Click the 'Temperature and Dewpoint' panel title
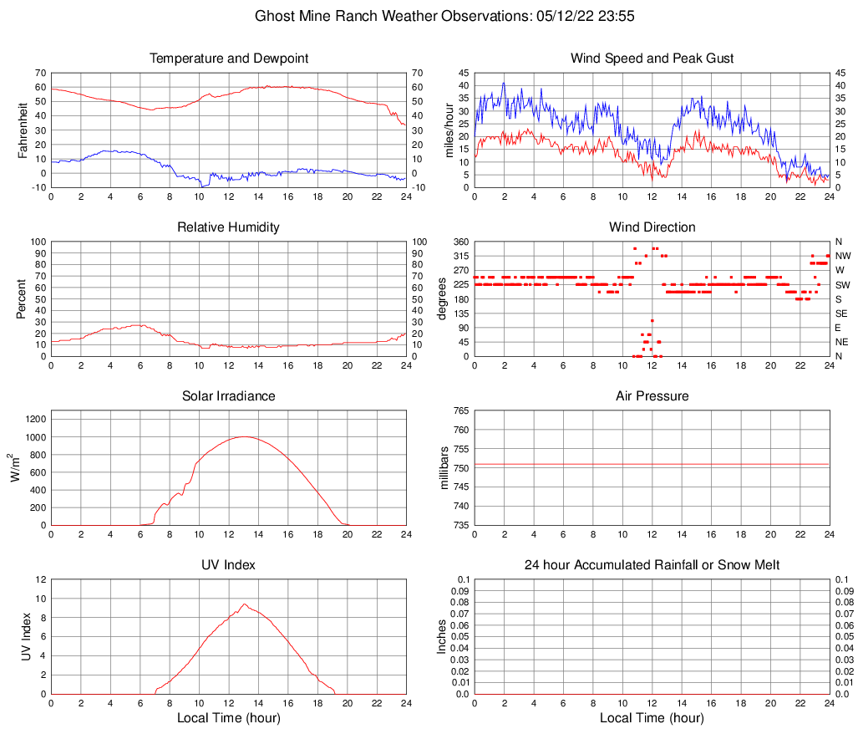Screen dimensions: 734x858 (229, 59)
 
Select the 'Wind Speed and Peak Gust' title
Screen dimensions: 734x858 (652, 59)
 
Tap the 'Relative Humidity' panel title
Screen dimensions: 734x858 (229, 227)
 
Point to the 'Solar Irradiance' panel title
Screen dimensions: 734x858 (229, 396)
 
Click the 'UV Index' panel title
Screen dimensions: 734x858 (229, 565)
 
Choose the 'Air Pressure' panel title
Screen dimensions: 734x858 (652, 396)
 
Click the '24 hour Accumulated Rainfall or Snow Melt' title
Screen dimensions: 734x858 (652, 565)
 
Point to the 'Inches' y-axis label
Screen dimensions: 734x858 (442, 636)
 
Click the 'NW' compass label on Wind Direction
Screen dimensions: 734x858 (843, 256)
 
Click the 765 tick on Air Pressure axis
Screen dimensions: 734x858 (459, 411)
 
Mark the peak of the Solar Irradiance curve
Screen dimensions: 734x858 (243, 436)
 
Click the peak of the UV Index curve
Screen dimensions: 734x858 (244, 604)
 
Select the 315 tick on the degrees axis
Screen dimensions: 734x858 (459, 256)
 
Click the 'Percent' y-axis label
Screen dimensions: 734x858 (23, 298)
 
